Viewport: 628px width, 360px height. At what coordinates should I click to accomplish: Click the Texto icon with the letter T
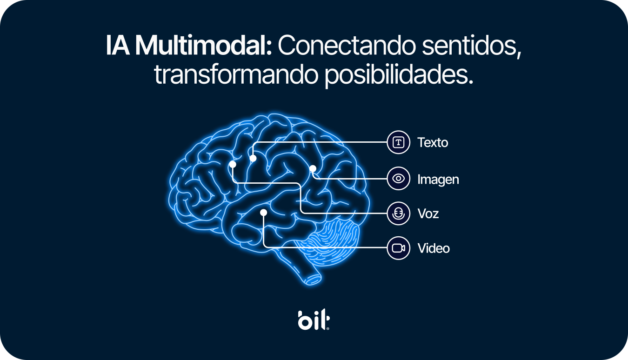point(398,142)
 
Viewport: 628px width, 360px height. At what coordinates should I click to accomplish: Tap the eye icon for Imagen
point(398,178)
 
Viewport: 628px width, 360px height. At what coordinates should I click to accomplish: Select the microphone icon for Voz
point(398,213)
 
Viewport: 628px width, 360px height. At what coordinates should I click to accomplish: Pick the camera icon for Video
point(398,248)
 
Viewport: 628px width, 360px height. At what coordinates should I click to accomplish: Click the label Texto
point(433,142)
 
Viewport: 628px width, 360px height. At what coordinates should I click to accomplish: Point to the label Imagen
point(438,180)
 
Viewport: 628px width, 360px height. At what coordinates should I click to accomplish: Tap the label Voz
point(428,213)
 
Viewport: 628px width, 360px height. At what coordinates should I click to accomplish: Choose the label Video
point(434,248)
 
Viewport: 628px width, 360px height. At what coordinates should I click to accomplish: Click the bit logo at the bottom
point(314,320)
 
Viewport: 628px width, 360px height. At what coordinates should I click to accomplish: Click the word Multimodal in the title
point(204,46)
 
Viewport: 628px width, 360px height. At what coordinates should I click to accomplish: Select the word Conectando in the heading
point(347,46)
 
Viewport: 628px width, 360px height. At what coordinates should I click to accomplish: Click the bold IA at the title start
point(118,46)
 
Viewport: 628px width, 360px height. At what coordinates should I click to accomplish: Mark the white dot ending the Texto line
point(253,159)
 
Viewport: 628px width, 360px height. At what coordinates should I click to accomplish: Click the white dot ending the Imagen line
point(313,168)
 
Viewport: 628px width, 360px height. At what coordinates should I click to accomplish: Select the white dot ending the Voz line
point(233,164)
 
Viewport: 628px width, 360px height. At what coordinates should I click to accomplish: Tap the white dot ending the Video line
point(263,213)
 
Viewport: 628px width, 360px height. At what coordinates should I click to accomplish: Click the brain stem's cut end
point(314,279)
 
